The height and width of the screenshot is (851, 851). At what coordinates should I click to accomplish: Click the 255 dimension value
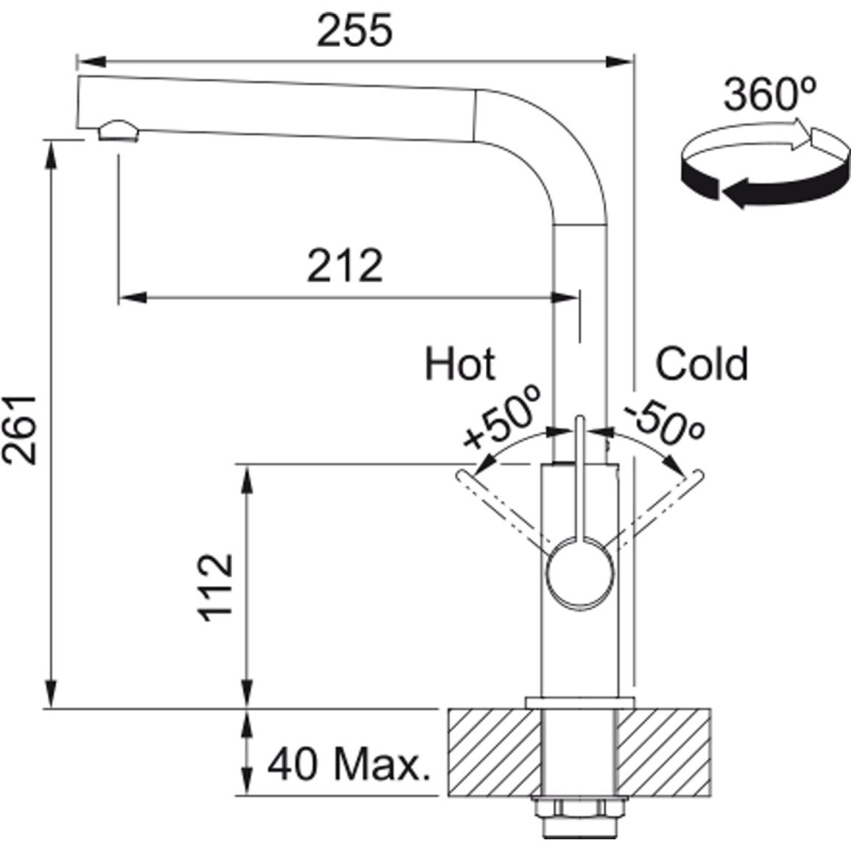[354, 30]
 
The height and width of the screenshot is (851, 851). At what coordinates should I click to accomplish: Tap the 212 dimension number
[345, 266]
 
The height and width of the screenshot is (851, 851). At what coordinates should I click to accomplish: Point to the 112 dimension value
[216, 587]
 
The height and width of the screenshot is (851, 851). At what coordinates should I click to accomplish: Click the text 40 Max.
[349, 763]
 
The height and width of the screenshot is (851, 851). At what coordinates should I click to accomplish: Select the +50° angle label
[502, 417]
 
